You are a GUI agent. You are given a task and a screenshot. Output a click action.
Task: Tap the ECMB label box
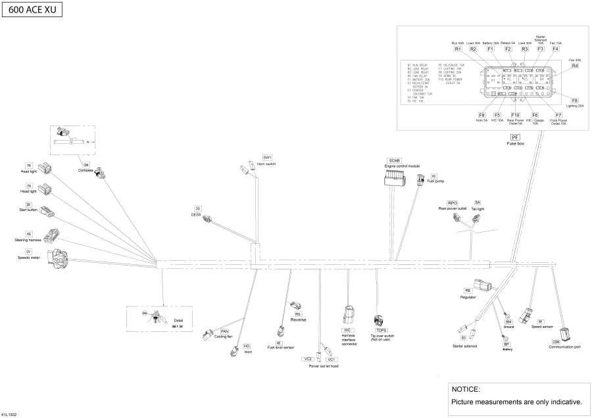[x=395, y=160]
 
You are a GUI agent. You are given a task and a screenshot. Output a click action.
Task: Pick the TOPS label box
[x=382, y=331]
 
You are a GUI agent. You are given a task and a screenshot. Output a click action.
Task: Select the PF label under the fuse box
[x=515, y=136]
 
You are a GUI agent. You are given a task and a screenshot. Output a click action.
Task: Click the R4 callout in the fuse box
[x=574, y=66]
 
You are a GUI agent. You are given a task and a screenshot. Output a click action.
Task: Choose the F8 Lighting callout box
[x=574, y=99]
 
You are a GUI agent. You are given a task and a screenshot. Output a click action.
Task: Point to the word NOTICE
[x=466, y=389]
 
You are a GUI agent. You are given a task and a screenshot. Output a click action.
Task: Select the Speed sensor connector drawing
[x=526, y=314]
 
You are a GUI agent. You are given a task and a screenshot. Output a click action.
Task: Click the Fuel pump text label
[x=435, y=181]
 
